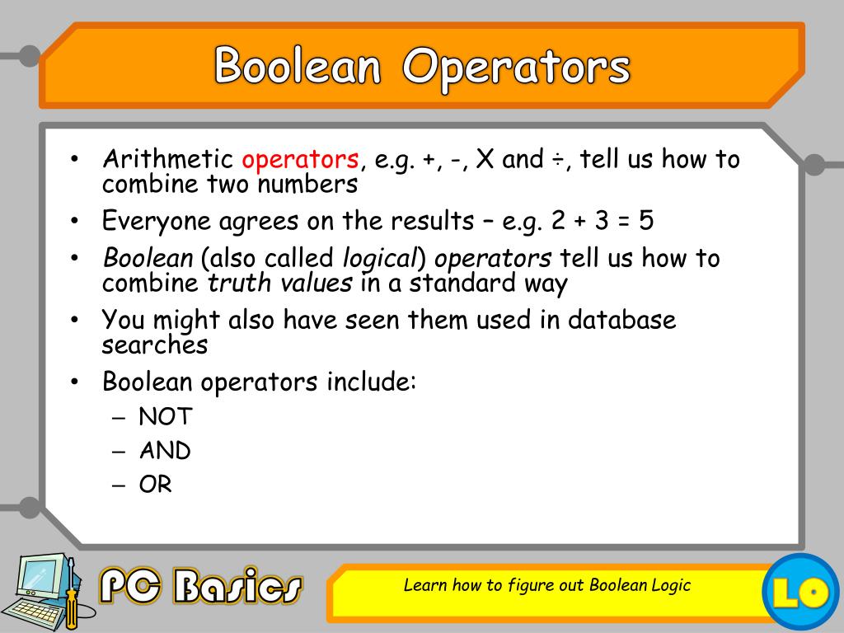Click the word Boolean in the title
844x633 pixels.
(x=298, y=65)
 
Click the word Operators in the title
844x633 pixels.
(x=516, y=67)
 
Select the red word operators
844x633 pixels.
(x=301, y=159)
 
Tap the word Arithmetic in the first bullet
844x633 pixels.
(x=167, y=159)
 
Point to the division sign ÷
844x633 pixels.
(x=558, y=160)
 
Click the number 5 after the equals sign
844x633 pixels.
(x=646, y=221)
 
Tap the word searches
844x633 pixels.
(x=155, y=345)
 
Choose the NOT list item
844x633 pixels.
(x=165, y=417)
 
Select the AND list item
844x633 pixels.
(x=165, y=451)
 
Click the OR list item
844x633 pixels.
(x=156, y=485)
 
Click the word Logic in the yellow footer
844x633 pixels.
(x=668, y=585)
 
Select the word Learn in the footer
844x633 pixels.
(x=424, y=585)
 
